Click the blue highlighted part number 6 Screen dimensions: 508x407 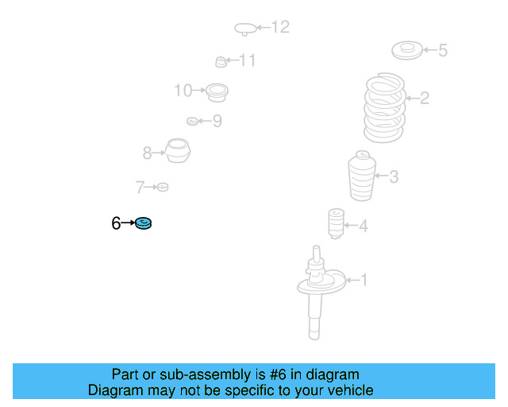pos(143,223)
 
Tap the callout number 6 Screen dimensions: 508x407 pos(116,223)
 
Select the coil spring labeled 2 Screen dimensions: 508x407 pos(384,107)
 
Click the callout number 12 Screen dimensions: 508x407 pos(280,27)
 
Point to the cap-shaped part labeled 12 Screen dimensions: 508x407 pos(245,29)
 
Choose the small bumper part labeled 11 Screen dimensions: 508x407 pos(221,62)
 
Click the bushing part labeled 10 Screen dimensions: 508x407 pos(217,92)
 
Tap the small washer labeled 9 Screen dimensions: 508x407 pos(192,122)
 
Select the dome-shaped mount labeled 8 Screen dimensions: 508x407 pos(178,150)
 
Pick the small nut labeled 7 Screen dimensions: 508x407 pos(163,187)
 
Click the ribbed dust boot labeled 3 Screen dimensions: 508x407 pos(362,176)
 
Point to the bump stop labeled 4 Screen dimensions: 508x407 pos(336,223)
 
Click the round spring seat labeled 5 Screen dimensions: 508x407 pos(407,50)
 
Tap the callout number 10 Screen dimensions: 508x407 pos(183,91)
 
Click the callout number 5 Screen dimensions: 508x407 pos(443,50)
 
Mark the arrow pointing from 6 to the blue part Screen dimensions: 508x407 pos(128,223)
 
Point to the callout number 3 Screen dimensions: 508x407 pos(394,177)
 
